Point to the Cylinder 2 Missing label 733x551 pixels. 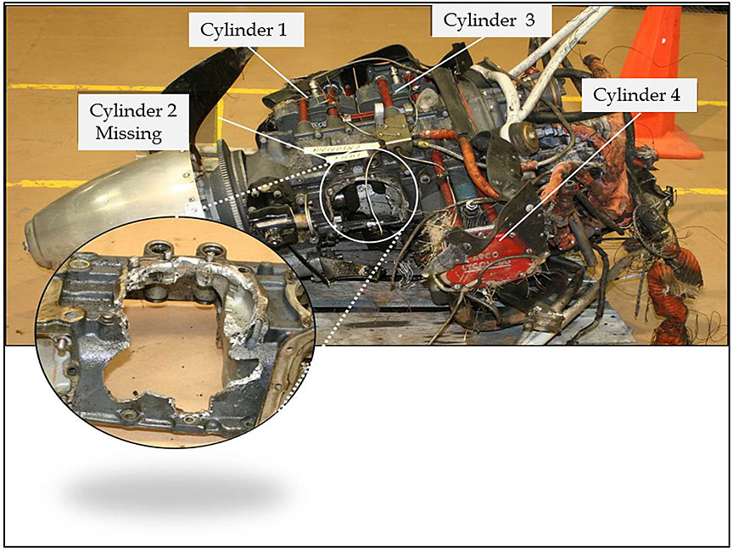(133, 122)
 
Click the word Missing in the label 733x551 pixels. (129, 133)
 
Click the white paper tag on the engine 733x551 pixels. (341, 152)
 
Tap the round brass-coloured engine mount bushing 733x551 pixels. (523, 132)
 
